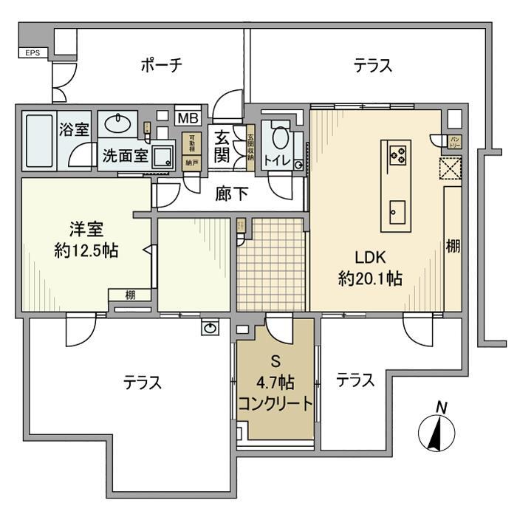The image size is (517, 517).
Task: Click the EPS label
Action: pyautogui.click(x=32, y=53)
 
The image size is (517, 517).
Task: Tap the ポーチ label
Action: pyautogui.click(x=161, y=66)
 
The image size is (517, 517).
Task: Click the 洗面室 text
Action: pyautogui.click(x=124, y=157)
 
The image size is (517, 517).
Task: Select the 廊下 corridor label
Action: pyautogui.click(x=231, y=194)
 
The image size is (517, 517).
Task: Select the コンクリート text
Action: pyautogui.click(x=275, y=403)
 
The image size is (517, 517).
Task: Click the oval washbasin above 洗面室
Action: pyautogui.click(x=116, y=122)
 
